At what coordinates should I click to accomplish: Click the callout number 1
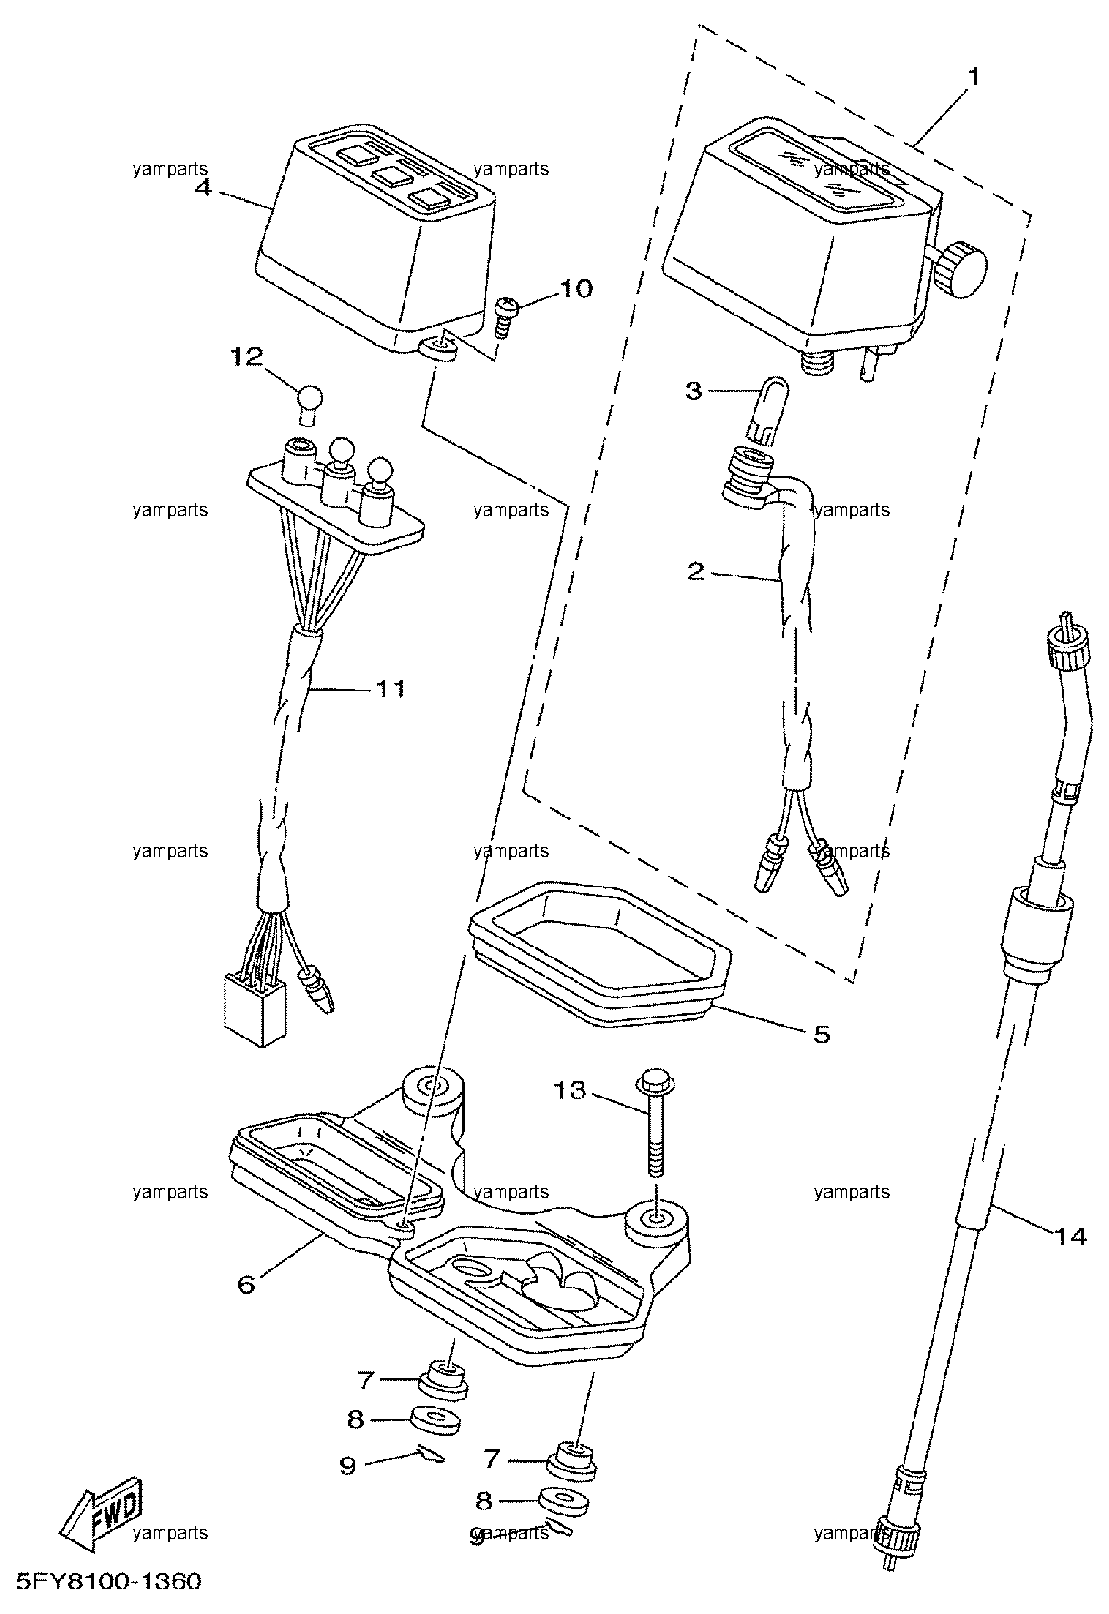pyautogui.click(x=973, y=78)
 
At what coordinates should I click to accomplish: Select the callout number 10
pyautogui.click(x=574, y=288)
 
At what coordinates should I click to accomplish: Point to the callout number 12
pyautogui.click(x=245, y=356)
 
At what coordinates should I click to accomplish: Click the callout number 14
pyautogui.click(x=1070, y=1236)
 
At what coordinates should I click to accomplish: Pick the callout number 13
pyautogui.click(x=570, y=1089)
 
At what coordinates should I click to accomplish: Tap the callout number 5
pyautogui.click(x=821, y=1034)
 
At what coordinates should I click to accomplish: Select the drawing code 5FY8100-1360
pyautogui.click(x=107, y=1581)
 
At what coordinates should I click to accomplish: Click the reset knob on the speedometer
pyautogui.click(x=962, y=267)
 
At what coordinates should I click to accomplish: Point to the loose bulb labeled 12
pyautogui.click(x=311, y=404)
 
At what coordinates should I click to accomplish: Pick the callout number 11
pyautogui.click(x=390, y=689)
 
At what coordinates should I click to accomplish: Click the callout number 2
pyautogui.click(x=695, y=573)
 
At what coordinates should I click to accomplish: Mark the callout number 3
pyautogui.click(x=694, y=392)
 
